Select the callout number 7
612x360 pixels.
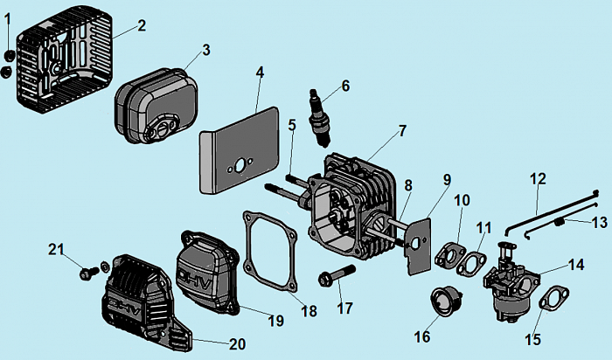click(401, 131)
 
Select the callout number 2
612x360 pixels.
click(141, 25)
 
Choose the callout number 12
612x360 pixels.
click(538, 179)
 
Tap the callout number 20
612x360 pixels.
click(237, 343)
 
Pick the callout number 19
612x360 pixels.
click(275, 321)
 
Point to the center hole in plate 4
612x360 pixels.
click(235, 166)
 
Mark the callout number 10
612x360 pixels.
click(462, 201)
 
